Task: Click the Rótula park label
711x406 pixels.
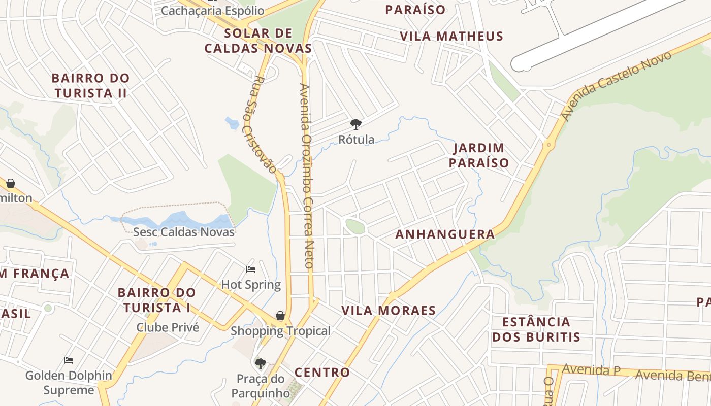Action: (x=357, y=140)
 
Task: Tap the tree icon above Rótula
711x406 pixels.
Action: (x=356, y=124)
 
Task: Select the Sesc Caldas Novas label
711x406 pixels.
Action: (x=184, y=232)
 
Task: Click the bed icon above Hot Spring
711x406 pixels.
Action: (x=251, y=269)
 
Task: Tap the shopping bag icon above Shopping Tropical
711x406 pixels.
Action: (x=280, y=316)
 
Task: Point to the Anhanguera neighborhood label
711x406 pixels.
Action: (x=445, y=234)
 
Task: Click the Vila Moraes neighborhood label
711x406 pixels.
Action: (x=389, y=310)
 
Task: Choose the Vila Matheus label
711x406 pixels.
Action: (x=451, y=36)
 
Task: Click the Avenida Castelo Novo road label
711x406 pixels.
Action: (x=617, y=85)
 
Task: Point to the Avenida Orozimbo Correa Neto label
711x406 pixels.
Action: (x=306, y=175)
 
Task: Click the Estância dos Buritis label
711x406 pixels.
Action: (x=536, y=329)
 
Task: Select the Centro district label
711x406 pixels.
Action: (x=322, y=372)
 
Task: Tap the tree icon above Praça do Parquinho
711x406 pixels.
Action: (x=261, y=363)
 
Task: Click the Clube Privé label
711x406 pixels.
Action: (x=168, y=327)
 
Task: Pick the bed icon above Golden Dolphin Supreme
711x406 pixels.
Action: (x=69, y=360)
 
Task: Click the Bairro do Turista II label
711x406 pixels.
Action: (x=91, y=86)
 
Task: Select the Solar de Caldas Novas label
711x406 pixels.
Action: (x=258, y=41)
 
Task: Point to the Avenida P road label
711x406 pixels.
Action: (x=591, y=370)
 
